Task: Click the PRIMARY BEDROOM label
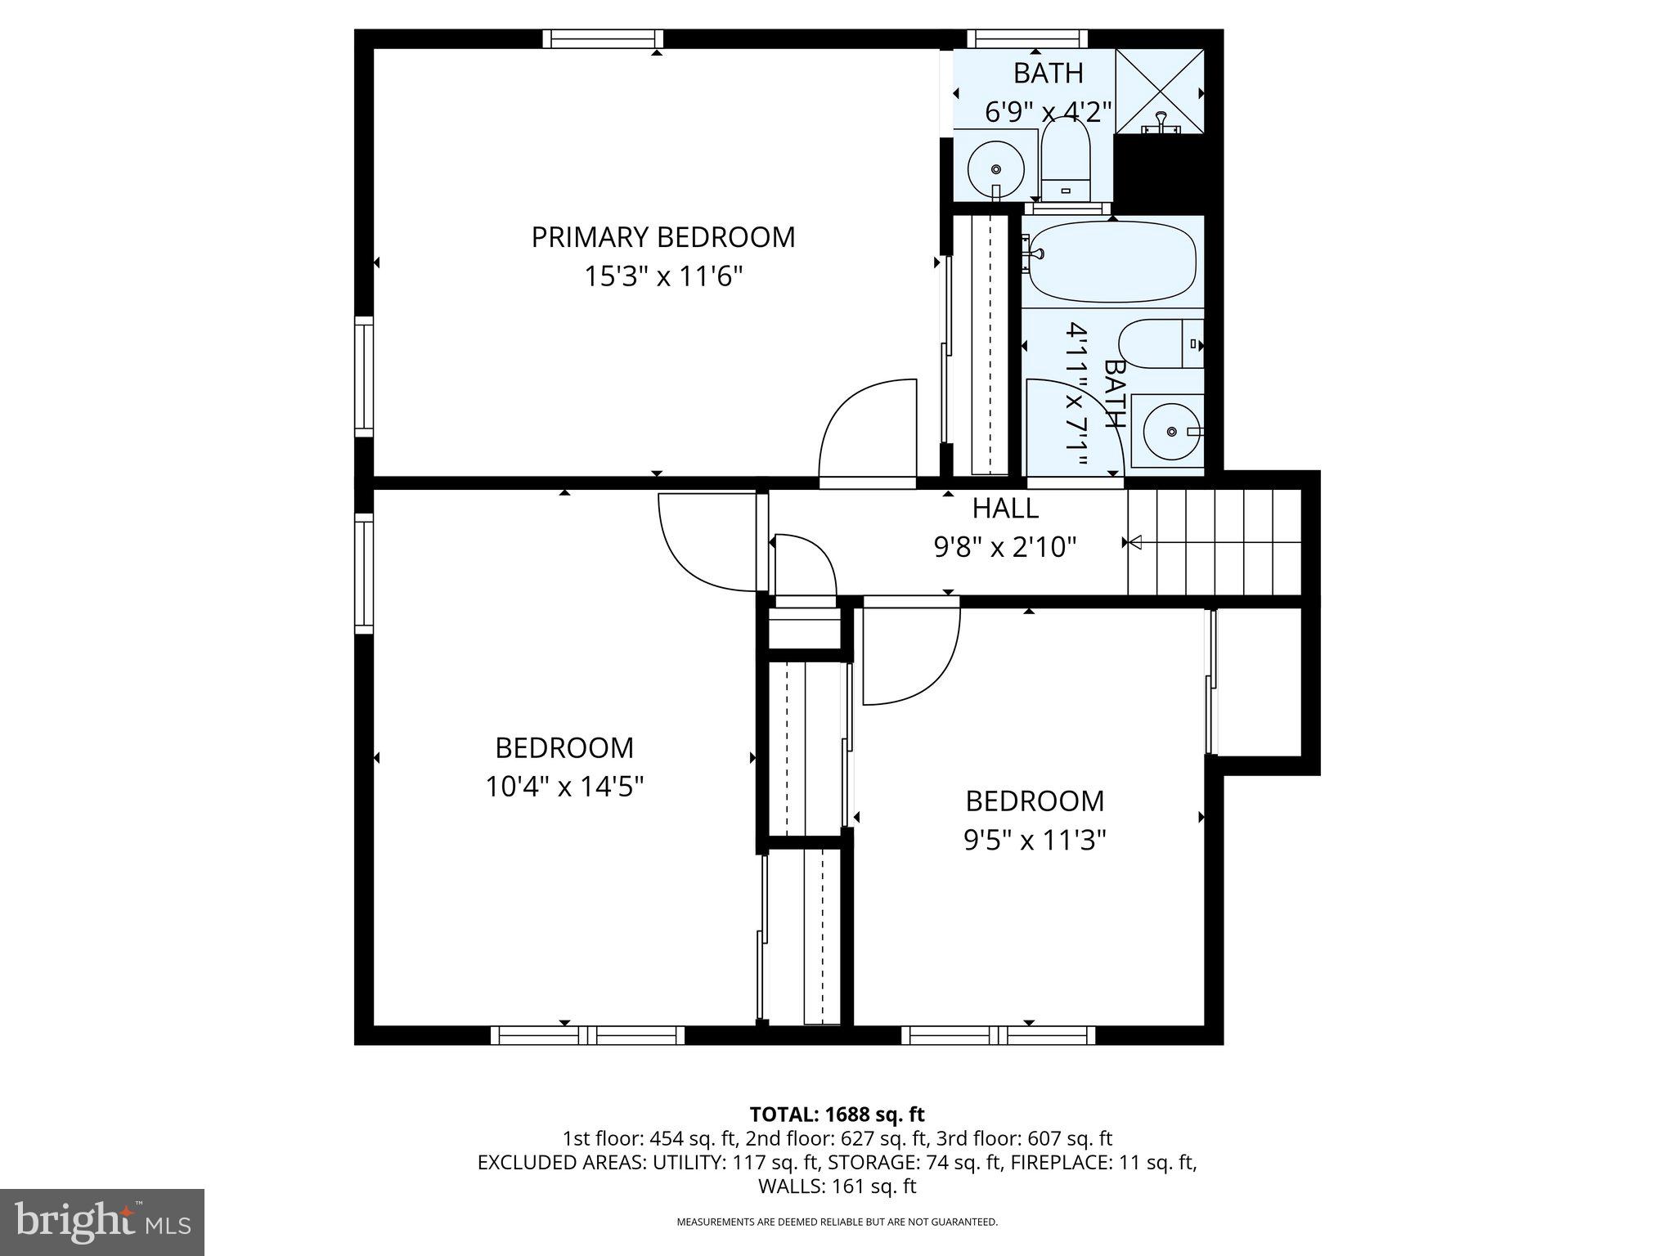coord(662,237)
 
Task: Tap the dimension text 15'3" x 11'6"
coord(662,276)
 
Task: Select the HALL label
coord(1005,509)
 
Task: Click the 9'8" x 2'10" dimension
coord(1005,546)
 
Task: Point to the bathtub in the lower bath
coord(1112,262)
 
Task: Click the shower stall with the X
coord(1160,90)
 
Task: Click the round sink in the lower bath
coord(1172,430)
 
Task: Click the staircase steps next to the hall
coord(1215,541)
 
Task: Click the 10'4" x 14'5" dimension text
coord(564,787)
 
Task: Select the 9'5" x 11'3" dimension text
coord(1035,840)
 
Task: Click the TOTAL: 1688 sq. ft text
coord(837,1115)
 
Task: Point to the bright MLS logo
coord(102,1222)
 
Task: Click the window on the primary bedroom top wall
coord(603,38)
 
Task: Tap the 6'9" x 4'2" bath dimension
coord(1048,111)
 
